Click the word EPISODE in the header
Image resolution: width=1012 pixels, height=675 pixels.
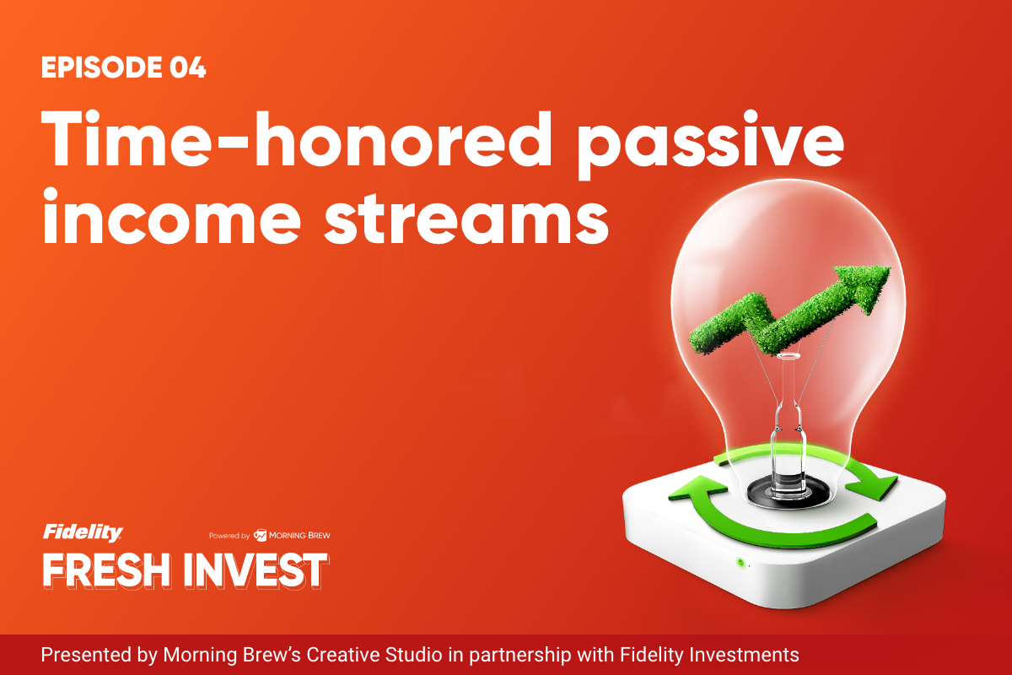102,67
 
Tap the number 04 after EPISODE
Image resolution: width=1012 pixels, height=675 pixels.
188,67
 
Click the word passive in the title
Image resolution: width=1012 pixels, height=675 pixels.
711,144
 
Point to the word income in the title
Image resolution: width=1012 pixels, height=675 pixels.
172,216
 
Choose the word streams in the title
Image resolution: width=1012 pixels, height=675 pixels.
466,219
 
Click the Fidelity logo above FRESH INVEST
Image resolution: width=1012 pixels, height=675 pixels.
83,532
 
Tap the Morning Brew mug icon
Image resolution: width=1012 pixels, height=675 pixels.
260,535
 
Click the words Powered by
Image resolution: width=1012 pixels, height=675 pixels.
229,536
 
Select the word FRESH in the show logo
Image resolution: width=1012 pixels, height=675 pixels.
106,570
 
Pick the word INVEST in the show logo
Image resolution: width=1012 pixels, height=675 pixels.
256,570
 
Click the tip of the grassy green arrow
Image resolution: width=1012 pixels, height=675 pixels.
889,269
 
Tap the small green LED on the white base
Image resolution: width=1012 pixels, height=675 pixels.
740,563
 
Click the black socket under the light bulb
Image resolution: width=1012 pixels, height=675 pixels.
788,492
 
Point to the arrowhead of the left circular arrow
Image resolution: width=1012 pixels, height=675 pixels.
698,489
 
